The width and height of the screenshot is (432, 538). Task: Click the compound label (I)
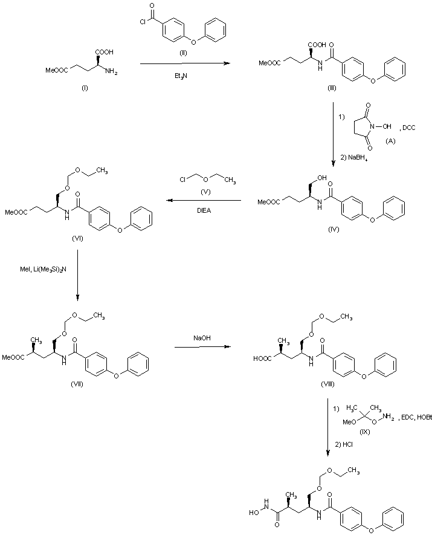[85, 88]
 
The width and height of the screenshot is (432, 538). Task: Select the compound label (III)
[332, 89]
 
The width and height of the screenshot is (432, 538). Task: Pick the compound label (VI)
[77, 238]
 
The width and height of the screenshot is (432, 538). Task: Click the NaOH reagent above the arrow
[202, 339]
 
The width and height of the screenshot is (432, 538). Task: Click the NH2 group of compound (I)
[112, 73]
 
